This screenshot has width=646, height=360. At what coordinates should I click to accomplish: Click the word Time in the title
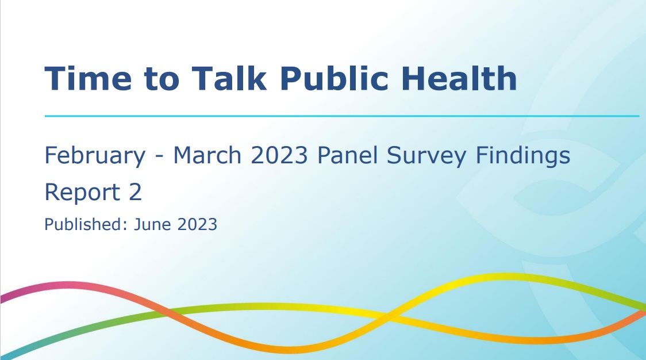tap(88, 78)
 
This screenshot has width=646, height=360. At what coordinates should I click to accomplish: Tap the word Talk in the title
tap(229, 78)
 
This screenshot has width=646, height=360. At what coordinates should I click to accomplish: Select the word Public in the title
tap(334, 78)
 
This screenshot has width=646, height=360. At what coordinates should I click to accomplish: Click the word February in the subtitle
tap(95, 156)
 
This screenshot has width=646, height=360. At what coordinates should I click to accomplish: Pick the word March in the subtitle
tap(207, 155)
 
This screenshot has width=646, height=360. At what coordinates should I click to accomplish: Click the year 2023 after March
tap(279, 155)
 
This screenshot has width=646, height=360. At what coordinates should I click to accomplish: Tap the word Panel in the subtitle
tap(347, 155)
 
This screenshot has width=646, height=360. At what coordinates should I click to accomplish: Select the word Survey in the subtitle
tap(426, 156)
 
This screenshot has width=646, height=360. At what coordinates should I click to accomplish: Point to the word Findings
tap(523, 156)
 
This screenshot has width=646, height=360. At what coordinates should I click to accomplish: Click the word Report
tap(82, 193)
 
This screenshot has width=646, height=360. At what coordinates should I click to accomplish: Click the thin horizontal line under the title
tap(342, 116)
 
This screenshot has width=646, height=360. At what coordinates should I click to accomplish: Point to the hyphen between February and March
tap(159, 157)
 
